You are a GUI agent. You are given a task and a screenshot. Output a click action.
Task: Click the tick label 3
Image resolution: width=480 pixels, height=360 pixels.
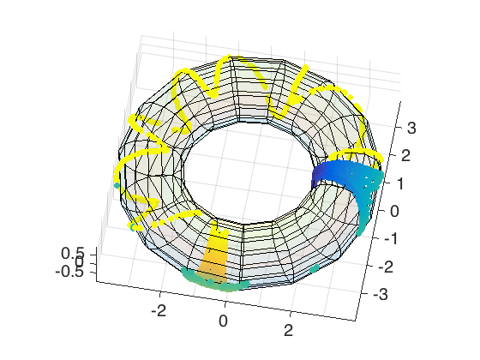tap(411, 128)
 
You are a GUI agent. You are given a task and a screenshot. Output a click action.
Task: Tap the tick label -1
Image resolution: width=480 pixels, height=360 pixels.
tap(391, 238)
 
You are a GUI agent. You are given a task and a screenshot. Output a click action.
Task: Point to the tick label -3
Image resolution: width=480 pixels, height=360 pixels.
tap(381, 294)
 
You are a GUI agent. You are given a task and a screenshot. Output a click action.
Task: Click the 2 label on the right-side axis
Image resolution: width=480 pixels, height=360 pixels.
tap(405, 155)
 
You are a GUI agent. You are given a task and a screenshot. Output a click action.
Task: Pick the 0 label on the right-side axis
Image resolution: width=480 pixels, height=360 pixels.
tap(394, 211)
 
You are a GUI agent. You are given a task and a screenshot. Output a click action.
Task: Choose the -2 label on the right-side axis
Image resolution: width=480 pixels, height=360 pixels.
tap(386, 267)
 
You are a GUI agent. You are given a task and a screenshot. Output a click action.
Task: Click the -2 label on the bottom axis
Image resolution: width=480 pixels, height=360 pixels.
tap(159, 310)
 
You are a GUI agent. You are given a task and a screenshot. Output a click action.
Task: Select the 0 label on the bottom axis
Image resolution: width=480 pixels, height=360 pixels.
tap(224, 321)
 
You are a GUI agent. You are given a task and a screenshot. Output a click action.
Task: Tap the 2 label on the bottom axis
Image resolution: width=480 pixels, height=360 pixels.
tap(288, 331)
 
